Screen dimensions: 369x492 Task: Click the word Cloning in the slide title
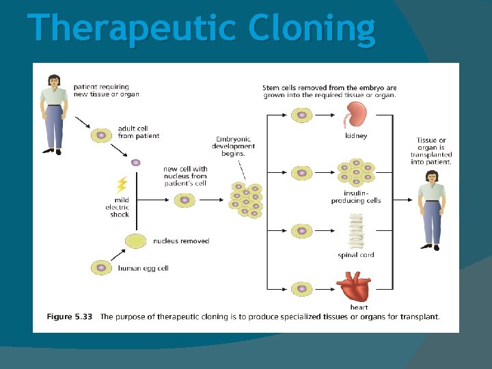(312, 29)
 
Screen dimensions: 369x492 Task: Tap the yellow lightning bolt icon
(122, 184)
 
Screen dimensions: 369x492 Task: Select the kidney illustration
(355, 115)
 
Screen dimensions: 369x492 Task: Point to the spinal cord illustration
(355, 231)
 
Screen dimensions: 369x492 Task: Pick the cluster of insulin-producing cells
(356, 173)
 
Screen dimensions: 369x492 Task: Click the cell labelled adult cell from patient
(101, 135)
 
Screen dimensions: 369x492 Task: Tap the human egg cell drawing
(101, 268)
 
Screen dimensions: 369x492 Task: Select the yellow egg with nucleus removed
(136, 241)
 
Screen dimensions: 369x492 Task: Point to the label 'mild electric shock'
(117, 207)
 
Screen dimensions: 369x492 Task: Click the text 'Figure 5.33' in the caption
(68, 316)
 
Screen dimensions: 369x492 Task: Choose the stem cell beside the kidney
(301, 115)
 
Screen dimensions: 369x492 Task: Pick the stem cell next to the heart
(301, 289)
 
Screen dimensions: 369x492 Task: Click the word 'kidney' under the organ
(356, 135)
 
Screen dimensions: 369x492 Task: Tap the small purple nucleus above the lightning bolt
(135, 163)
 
